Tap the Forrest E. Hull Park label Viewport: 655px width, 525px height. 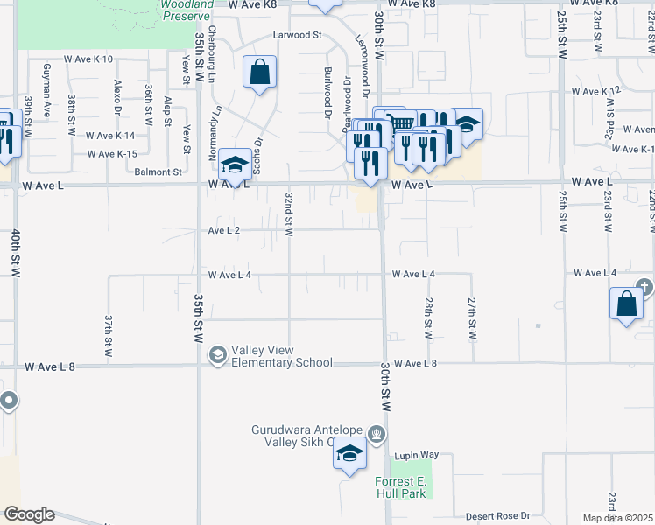click(400, 488)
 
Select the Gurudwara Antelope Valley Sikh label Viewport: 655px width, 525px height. click(306, 436)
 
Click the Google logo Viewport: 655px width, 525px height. click(29, 514)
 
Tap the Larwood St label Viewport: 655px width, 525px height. click(298, 36)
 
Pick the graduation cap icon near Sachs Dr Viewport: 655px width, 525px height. click(235, 163)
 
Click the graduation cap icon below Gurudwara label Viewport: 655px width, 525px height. click(349, 454)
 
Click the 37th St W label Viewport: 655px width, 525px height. click(109, 336)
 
